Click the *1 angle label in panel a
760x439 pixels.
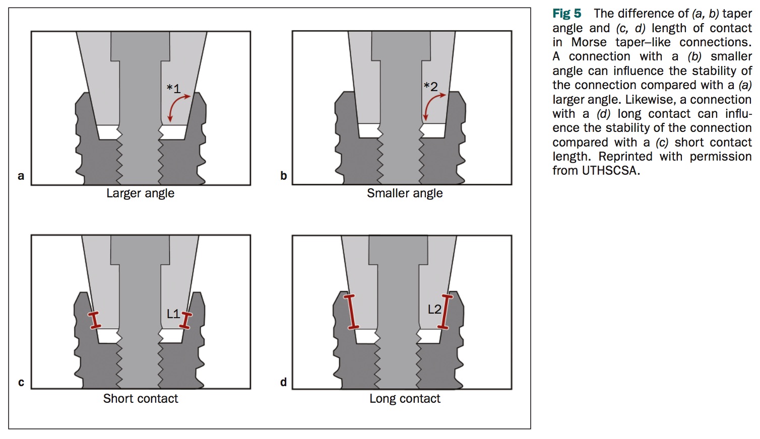tap(173, 89)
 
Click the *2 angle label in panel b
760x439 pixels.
tap(431, 87)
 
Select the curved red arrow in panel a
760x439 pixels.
tap(177, 106)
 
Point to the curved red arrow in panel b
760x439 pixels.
tap(432, 105)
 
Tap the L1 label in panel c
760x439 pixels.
tap(173, 314)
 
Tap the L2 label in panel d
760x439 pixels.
tap(434, 310)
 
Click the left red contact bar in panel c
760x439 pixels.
tap(94, 320)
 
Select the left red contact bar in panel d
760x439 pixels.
tap(352, 312)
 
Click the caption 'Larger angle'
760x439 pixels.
tap(140, 193)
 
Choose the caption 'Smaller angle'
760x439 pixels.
tap(405, 193)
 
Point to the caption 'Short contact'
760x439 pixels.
tap(141, 399)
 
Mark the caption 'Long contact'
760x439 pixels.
tap(405, 399)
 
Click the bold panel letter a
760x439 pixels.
tap(21, 176)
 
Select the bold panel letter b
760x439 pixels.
tap(284, 176)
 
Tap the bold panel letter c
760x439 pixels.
tap(21, 383)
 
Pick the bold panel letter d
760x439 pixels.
tap(284, 383)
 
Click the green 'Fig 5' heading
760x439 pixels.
tap(566, 14)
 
